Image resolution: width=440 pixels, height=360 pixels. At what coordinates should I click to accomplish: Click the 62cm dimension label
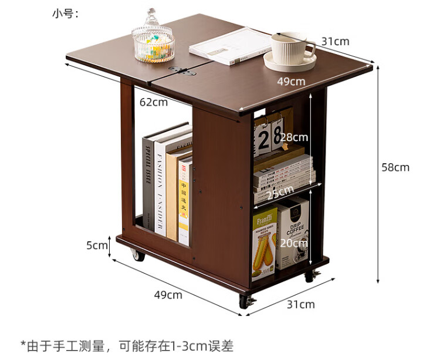[154, 102]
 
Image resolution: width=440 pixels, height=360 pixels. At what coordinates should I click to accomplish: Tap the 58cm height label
[395, 167]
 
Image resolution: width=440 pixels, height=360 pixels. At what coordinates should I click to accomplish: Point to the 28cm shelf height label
[293, 137]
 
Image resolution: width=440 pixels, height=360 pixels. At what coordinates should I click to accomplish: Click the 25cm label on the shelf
[280, 193]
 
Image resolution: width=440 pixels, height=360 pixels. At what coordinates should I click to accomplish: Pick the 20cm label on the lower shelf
[293, 243]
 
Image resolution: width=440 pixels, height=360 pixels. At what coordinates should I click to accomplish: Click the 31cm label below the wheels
[300, 304]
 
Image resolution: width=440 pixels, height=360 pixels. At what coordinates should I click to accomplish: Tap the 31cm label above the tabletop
[336, 41]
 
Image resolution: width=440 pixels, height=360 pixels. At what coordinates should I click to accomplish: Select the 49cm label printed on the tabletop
[292, 81]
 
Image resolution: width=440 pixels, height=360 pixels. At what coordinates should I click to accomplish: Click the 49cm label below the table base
[168, 295]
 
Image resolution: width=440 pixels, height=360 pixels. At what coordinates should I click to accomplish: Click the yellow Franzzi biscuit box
[265, 243]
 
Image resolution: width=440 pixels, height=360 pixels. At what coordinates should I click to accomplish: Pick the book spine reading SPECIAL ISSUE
[148, 182]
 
